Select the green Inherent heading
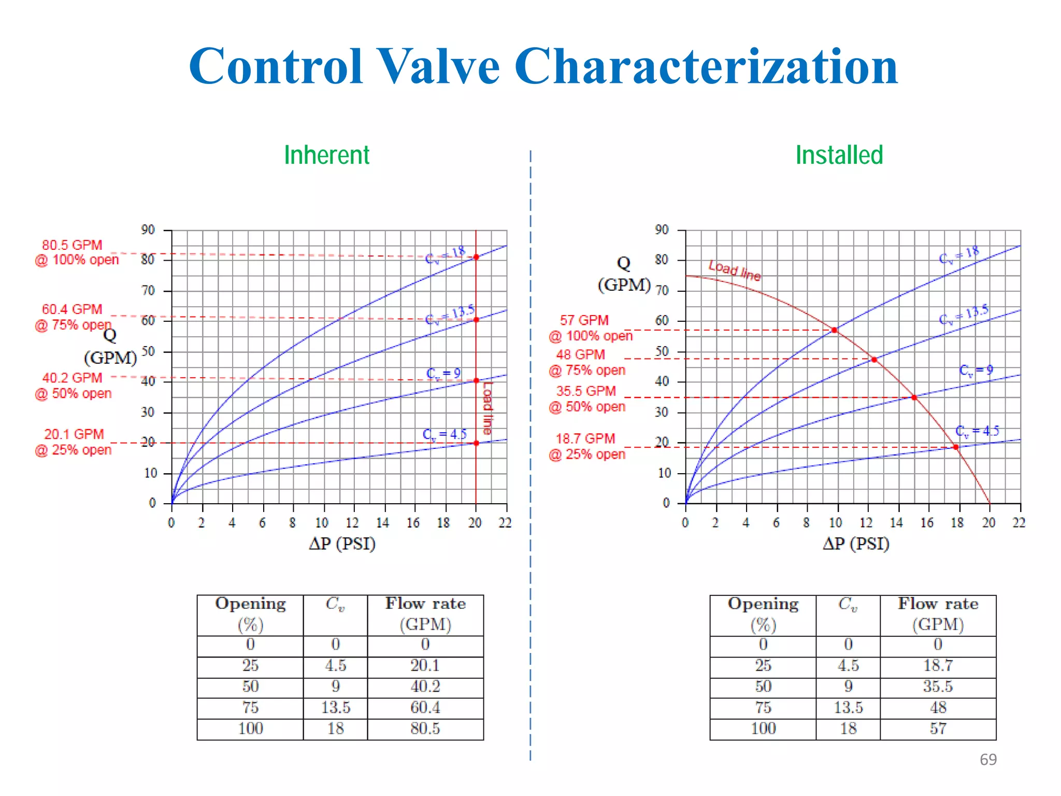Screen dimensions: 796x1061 click(326, 155)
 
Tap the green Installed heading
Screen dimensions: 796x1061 click(839, 155)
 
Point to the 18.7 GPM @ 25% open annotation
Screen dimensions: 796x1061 click(586, 446)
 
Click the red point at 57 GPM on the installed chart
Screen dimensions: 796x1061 click(834, 330)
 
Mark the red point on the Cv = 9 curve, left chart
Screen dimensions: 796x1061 click(476, 380)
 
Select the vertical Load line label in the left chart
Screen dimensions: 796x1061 click(488, 408)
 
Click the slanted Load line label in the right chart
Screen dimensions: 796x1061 click(735, 270)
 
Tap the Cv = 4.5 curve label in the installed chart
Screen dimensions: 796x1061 click(977, 431)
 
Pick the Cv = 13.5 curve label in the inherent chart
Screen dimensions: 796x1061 click(450, 315)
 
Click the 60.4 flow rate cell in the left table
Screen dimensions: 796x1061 click(425, 708)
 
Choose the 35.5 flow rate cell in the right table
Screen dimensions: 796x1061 click(938, 687)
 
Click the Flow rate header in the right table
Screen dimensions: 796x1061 click(938, 614)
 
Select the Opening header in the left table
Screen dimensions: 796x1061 click(250, 614)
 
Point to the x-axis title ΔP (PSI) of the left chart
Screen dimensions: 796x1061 click(342, 544)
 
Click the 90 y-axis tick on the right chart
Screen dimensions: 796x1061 click(662, 230)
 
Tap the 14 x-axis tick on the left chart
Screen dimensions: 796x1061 click(382, 523)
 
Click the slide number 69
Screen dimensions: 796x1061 click(988, 759)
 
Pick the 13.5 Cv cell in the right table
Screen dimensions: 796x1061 click(848, 708)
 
